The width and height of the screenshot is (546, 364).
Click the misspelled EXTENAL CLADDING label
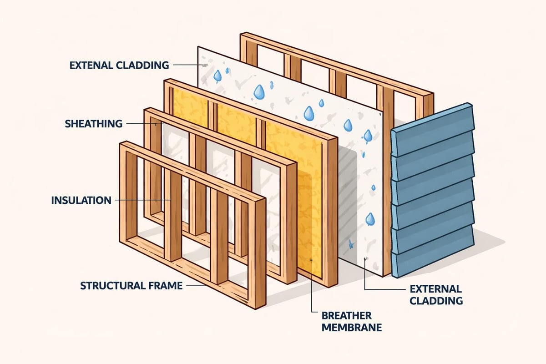[x=119, y=65]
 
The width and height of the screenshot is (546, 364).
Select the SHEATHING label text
[x=93, y=123]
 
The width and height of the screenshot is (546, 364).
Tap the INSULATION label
[x=81, y=200]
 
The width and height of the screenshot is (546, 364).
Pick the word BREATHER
[x=347, y=315]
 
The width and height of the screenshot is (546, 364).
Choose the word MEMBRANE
[x=351, y=327]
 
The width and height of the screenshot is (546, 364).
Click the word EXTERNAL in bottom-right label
[x=435, y=289]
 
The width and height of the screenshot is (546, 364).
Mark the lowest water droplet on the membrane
[x=370, y=220]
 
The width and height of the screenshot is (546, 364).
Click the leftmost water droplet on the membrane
[x=217, y=75]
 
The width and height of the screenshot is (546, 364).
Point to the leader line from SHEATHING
[x=141, y=123]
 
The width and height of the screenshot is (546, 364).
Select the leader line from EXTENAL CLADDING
[x=187, y=65]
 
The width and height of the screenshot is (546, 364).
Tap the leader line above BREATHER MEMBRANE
[x=311, y=287]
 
